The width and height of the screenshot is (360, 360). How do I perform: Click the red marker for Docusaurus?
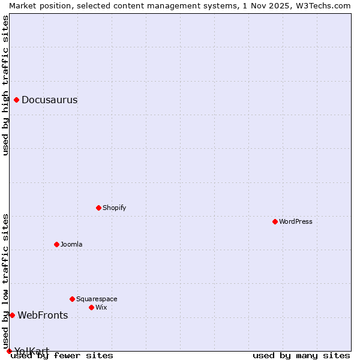click(17, 100)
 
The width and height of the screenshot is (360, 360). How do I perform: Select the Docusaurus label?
click(49, 100)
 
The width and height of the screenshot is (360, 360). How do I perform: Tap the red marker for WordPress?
click(275, 221)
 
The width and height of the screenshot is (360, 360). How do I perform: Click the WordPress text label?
click(296, 222)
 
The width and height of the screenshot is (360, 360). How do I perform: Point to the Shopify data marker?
click(98, 208)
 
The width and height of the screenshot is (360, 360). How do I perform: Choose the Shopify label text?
click(114, 208)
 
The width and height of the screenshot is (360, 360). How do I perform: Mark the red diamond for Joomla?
click(56, 244)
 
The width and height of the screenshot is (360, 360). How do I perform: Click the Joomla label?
click(71, 245)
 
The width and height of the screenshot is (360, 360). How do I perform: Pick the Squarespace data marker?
click(72, 299)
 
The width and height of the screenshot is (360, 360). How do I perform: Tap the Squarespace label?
click(97, 299)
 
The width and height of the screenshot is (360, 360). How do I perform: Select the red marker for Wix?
click(91, 307)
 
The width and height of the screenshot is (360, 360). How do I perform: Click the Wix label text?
click(101, 308)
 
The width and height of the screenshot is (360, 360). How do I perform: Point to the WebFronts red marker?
click(12, 315)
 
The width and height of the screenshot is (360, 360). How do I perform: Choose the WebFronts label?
click(43, 316)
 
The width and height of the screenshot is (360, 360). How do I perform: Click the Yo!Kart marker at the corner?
click(9, 351)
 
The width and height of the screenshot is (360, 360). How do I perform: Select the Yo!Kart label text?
click(32, 351)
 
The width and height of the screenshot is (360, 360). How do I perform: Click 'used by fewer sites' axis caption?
click(62, 356)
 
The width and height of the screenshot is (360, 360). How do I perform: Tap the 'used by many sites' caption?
click(301, 356)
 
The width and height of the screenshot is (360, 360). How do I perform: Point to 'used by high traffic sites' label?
click(5, 85)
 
